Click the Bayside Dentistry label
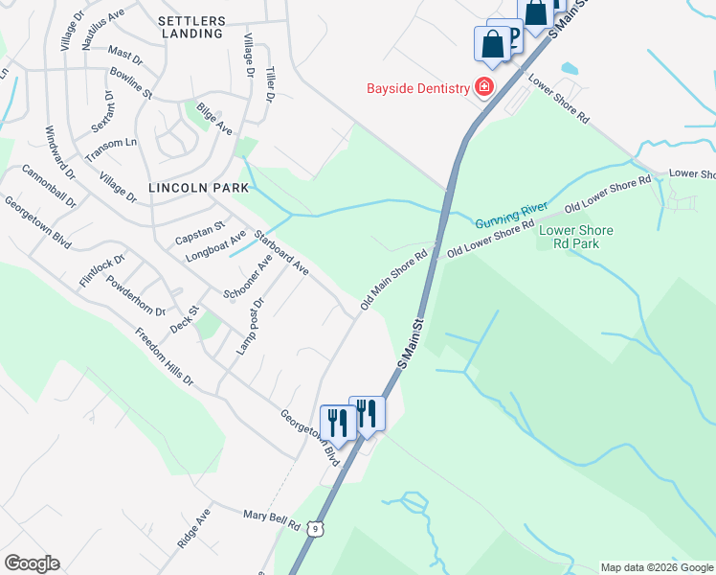[417, 89]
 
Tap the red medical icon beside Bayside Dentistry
[484, 88]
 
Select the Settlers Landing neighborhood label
[191, 27]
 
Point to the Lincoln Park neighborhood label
[191, 188]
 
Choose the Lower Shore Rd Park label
[576, 237]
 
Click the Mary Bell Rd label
[272, 520]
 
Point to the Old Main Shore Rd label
[393, 281]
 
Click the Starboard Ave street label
[280, 254]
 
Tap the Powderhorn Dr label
[137, 297]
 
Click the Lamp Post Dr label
[251, 324]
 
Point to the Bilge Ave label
[214, 119]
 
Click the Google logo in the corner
[32, 563]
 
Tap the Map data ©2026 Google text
[657, 567]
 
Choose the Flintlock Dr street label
[102, 270]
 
